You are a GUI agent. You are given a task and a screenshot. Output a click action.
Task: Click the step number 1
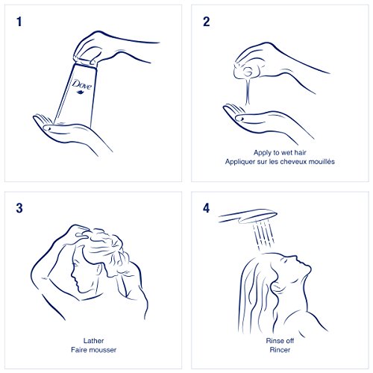pyautogui.click(x=19, y=22)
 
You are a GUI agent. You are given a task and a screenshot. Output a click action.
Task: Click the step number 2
pyautogui.click(x=206, y=22)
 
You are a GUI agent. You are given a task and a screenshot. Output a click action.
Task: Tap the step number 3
pyautogui.click(x=19, y=208)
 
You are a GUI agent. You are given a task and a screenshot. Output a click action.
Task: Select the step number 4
pyautogui.click(x=206, y=208)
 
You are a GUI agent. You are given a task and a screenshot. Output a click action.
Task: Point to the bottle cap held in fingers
pyautogui.click(x=84, y=62)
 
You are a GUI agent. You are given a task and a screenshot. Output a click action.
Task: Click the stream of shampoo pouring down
pyautogui.click(x=248, y=91)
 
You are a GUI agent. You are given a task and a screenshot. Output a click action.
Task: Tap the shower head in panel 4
pyautogui.click(x=248, y=216)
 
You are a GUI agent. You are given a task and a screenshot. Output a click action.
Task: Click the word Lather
pyautogui.click(x=93, y=341)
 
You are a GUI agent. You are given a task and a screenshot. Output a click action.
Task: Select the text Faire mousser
pyautogui.click(x=93, y=350)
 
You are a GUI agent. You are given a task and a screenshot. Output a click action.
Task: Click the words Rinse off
pyautogui.click(x=280, y=341)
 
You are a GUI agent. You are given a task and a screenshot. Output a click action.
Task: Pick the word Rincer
pyautogui.click(x=280, y=350)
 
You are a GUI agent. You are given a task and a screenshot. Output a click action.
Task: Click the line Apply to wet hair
pyautogui.click(x=280, y=152)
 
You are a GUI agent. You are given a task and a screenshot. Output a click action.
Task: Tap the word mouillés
pyautogui.click(x=322, y=162)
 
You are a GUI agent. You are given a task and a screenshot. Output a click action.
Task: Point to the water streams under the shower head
pyautogui.click(x=263, y=235)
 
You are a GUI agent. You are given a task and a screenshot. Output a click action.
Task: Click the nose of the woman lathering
pyautogui.click(x=72, y=275)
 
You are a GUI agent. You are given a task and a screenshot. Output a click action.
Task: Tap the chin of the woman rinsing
pyautogui.click(x=308, y=269)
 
